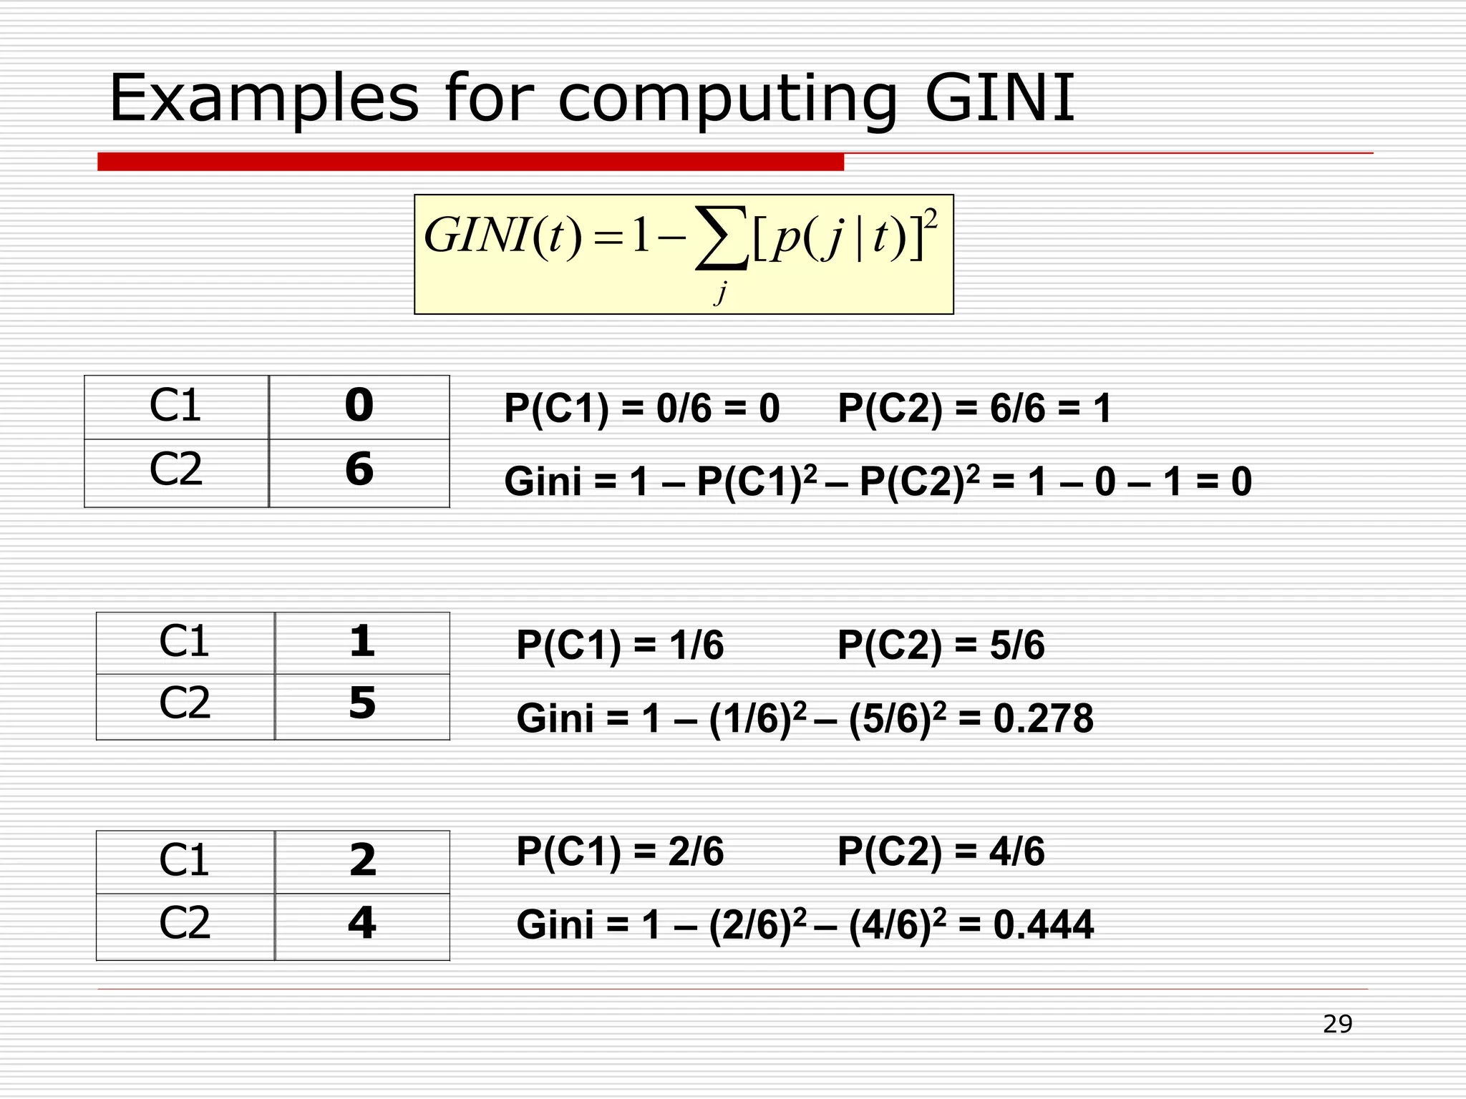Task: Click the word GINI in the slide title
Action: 999,98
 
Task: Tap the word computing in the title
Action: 727,100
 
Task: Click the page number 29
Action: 1337,1024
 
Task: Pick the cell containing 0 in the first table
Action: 359,406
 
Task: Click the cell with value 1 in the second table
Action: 362,642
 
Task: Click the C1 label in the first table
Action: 176,406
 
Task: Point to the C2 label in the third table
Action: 185,924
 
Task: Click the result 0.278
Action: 1043,718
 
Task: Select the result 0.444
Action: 1043,924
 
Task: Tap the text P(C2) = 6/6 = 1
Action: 974,409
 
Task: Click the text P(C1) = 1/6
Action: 620,645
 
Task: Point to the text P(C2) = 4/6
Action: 941,851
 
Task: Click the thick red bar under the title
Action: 470,162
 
